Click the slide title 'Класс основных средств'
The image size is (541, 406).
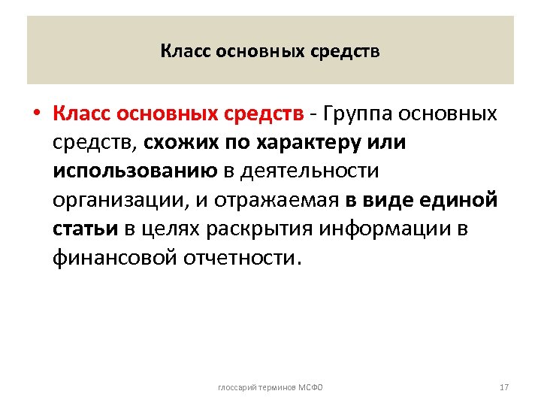click(x=270, y=52)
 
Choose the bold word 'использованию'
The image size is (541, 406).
click(x=135, y=171)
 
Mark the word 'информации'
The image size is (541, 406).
click(x=373, y=229)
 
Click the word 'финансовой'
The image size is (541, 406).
click(x=113, y=258)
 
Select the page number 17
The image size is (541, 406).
click(x=503, y=387)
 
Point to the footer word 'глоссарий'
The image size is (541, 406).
click(x=236, y=387)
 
